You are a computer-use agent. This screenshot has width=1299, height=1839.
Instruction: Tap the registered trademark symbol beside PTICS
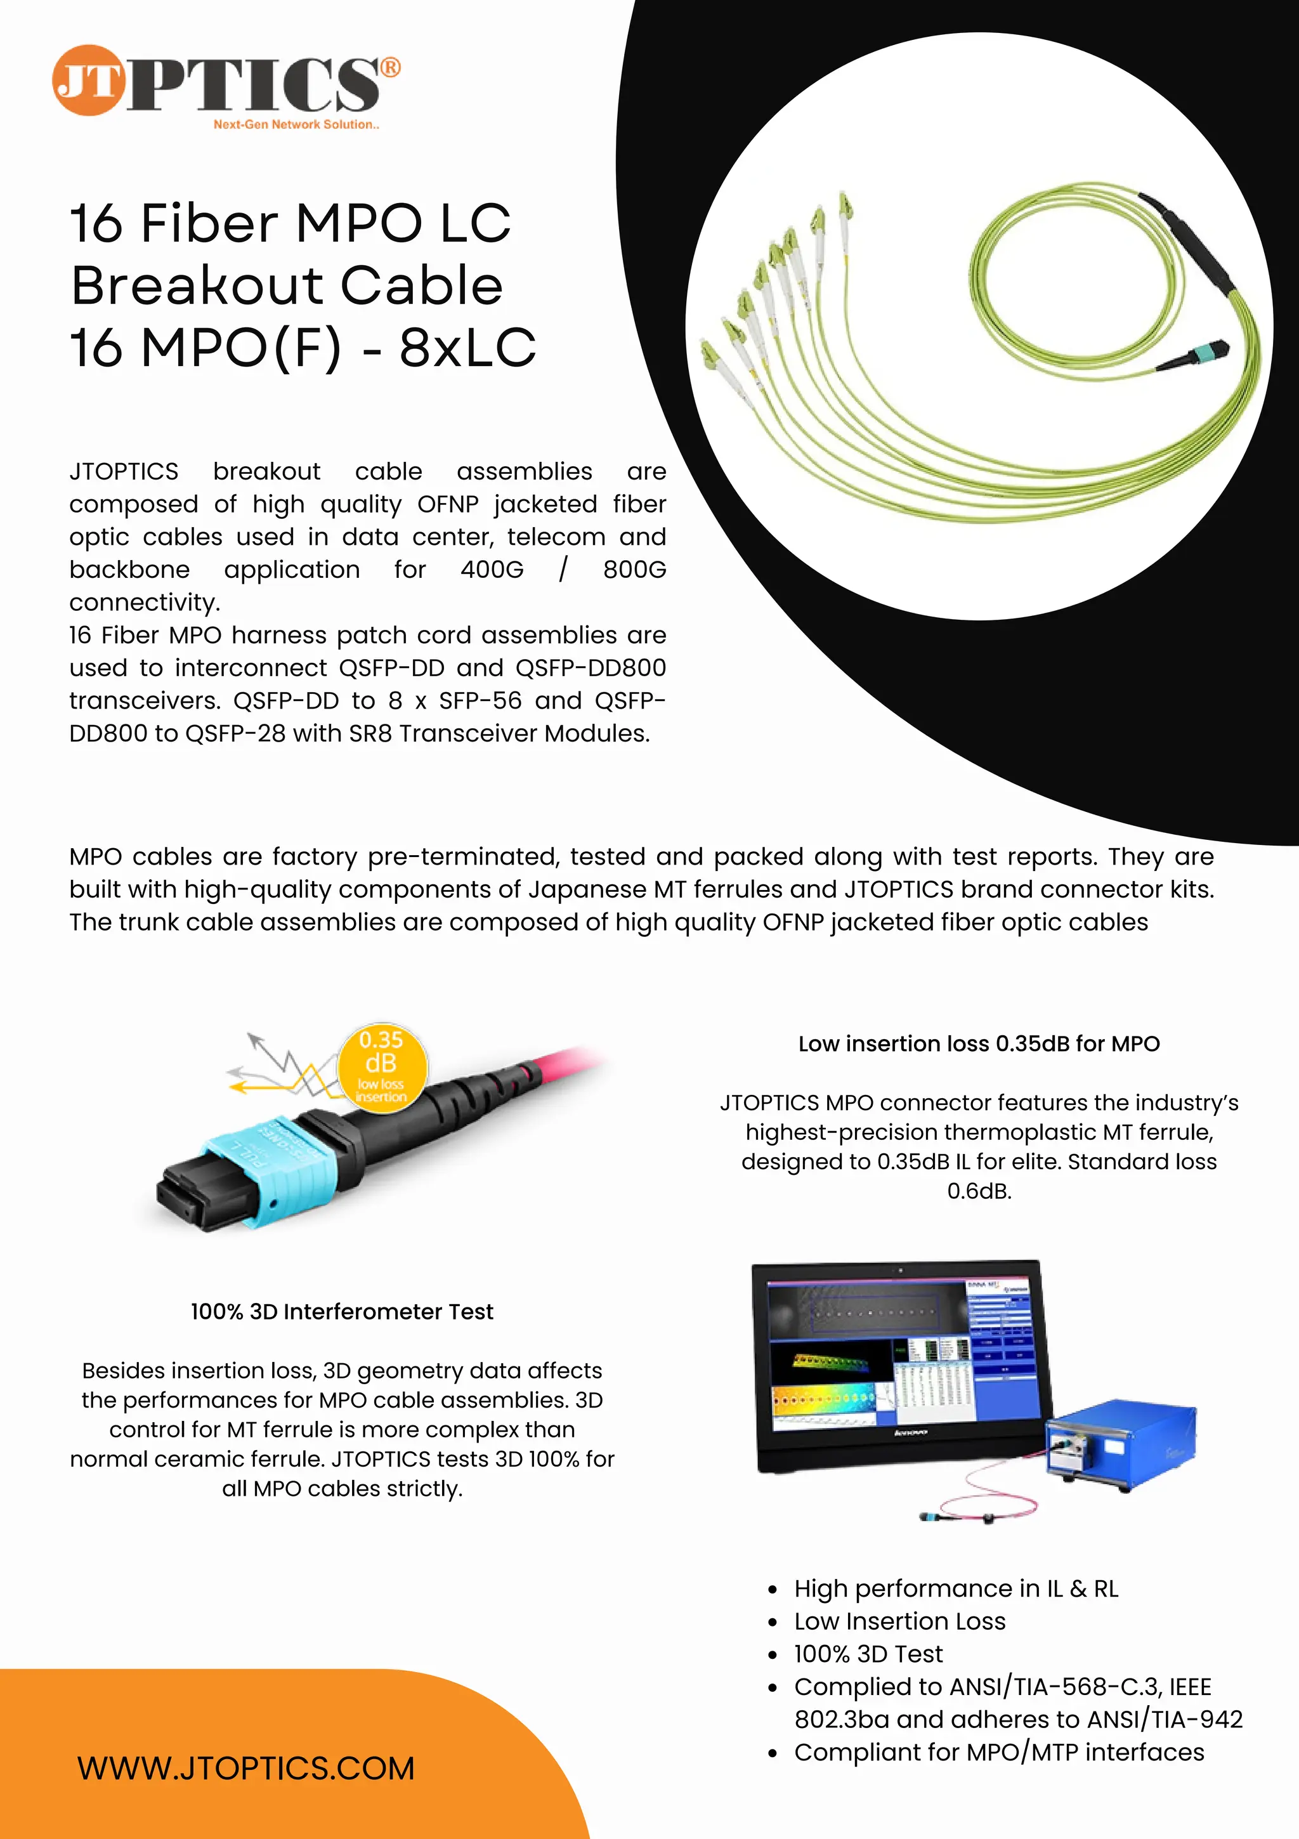[x=390, y=67]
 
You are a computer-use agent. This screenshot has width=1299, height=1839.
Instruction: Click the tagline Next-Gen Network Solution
[x=296, y=125]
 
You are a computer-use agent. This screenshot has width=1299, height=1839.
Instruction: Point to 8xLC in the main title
[x=467, y=348]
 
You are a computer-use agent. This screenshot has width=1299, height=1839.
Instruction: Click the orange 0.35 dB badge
[x=381, y=1066]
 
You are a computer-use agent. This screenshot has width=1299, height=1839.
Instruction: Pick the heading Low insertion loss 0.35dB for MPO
[x=979, y=1044]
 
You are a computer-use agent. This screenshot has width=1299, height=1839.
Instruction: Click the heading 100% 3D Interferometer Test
[x=342, y=1311]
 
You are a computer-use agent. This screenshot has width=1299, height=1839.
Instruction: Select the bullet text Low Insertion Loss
[x=899, y=1621]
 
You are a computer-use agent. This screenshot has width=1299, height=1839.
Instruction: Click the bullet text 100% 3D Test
[x=868, y=1654]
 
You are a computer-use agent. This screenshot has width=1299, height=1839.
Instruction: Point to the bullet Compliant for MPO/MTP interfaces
[x=999, y=1753]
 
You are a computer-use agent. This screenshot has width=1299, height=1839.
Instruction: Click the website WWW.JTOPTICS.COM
[x=246, y=1769]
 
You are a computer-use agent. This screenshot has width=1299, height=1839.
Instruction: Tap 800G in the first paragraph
[x=634, y=570]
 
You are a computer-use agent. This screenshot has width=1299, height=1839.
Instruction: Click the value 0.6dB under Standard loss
[x=979, y=1191]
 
